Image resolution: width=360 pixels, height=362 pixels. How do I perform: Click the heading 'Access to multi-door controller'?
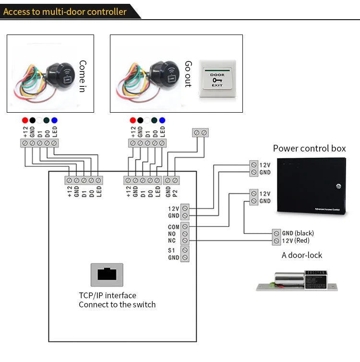pos(65,12)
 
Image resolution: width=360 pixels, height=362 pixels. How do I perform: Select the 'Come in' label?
pos(83,76)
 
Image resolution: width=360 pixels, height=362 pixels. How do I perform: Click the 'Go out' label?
pos(188,74)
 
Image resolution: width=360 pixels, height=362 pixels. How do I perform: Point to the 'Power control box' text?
pos(309,148)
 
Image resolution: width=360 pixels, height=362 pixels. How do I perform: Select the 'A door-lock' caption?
pos(302,255)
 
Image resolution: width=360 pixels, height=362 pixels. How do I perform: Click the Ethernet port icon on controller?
pos(107,275)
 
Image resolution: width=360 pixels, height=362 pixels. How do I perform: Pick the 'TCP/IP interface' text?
pos(107,295)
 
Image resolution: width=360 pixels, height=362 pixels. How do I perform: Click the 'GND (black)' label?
pos(298,233)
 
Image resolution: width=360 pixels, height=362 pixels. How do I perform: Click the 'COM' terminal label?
pos(173,227)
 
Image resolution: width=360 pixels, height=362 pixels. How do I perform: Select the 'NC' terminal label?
pos(172,241)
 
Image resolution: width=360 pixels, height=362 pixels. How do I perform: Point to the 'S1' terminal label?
pos(172,250)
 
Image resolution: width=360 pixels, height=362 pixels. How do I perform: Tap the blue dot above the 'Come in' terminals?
pos(54,120)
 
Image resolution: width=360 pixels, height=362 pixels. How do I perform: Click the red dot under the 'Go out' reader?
pos(132,120)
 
